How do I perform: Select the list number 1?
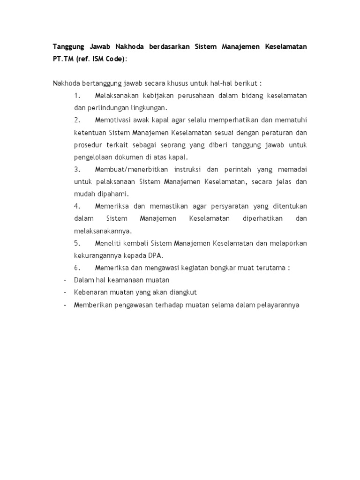(x=77, y=96)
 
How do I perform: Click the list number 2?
(x=77, y=120)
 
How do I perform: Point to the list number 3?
(x=77, y=169)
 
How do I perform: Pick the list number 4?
(x=77, y=206)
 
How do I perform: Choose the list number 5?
(x=77, y=243)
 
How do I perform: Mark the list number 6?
(x=77, y=268)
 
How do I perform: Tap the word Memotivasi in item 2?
(x=113, y=120)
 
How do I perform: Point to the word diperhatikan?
(x=262, y=218)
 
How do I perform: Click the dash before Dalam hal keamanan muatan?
(x=64, y=280)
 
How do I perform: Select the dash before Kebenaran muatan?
(x=64, y=292)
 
